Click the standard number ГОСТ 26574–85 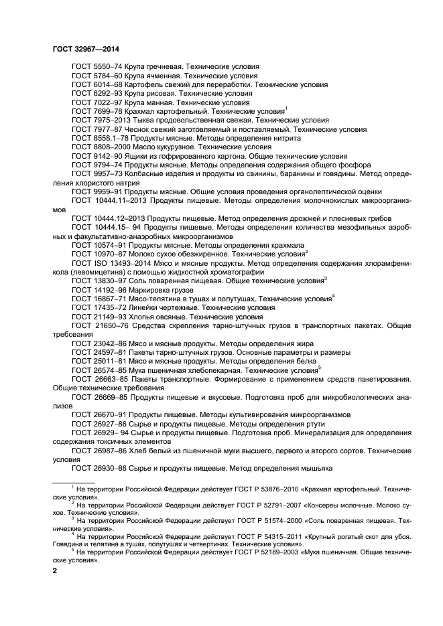[x=99, y=370]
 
